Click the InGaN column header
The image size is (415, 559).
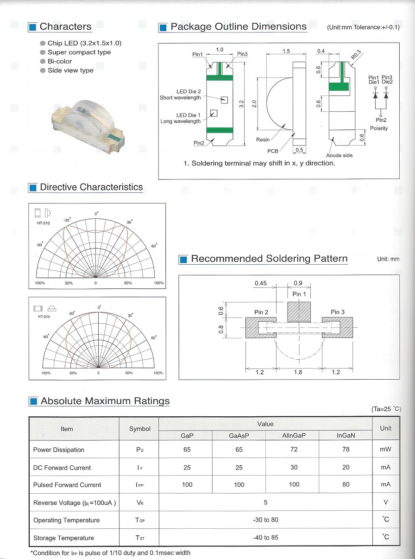tap(346, 435)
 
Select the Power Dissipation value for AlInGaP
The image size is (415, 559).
tap(294, 449)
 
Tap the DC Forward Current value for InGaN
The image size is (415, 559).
tap(346, 467)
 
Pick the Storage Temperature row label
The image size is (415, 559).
tap(63, 538)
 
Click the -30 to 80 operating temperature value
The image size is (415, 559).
tap(265, 520)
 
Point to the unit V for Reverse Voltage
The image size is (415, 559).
tap(386, 502)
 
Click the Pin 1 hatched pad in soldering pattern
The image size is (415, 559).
tap(299, 311)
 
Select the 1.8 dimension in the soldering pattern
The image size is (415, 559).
tap(298, 372)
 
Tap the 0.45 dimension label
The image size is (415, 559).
tap(261, 284)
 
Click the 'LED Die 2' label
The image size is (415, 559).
tap(189, 92)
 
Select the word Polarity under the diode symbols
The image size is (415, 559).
tap(379, 128)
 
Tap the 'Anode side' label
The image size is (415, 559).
tap(339, 156)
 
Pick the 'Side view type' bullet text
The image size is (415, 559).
tap(70, 70)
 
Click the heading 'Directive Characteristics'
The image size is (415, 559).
tap(91, 187)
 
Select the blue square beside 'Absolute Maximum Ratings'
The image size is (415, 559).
tap(33, 402)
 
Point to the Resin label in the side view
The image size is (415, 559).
tap(263, 140)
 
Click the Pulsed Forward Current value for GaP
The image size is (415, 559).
tap(187, 485)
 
